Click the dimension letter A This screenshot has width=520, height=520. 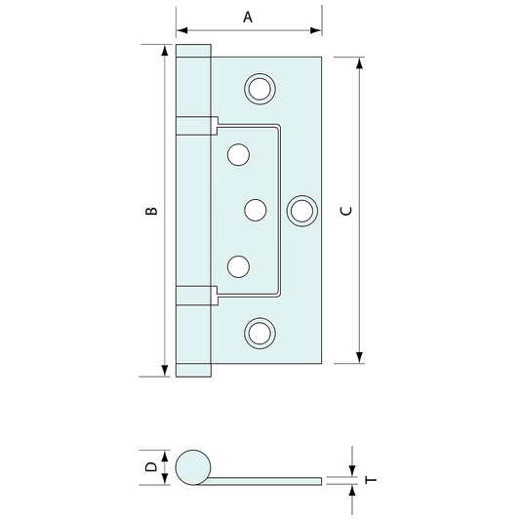(x=248, y=17)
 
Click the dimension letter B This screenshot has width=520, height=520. (x=151, y=211)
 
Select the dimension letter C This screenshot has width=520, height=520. (x=346, y=211)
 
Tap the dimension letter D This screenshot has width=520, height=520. (x=151, y=467)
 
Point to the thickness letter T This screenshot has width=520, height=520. (x=371, y=480)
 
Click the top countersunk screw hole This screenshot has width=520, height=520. (x=260, y=89)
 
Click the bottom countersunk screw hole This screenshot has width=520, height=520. (x=260, y=334)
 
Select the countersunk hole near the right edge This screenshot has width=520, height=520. (x=301, y=211)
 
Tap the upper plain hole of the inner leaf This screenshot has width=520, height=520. (x=238, y=154)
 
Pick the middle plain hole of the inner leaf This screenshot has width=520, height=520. (x=256, y=210)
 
